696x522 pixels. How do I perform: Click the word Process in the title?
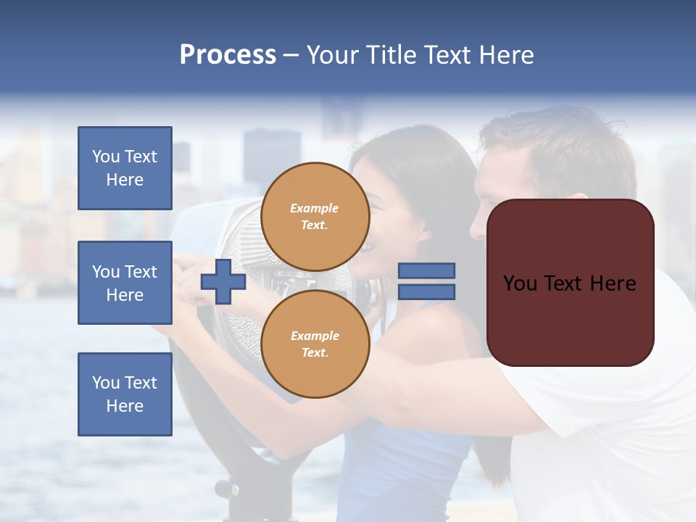228,55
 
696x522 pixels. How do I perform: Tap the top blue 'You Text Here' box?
125,168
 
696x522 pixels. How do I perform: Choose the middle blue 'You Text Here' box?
125,283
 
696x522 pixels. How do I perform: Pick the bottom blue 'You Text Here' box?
125,394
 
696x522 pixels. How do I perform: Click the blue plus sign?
223,281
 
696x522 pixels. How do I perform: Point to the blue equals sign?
426,281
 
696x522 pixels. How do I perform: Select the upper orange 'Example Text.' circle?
315,217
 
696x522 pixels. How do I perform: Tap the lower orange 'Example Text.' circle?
315,344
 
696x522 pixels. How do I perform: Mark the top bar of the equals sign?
426,271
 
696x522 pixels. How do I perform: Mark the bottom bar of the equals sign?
426,291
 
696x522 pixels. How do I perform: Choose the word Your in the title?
334,55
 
